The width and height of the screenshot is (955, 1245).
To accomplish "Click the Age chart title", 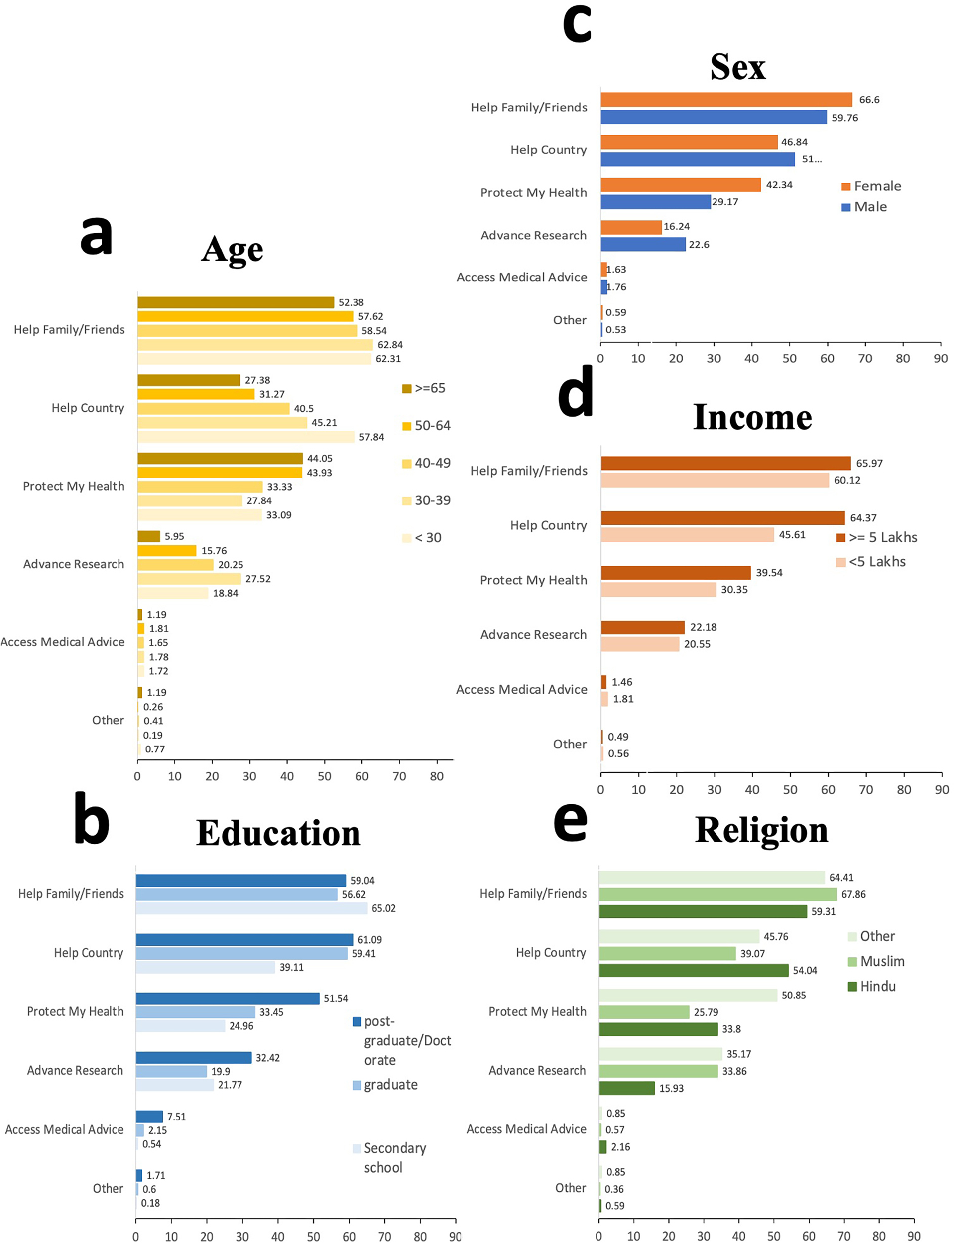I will tap(232, 249).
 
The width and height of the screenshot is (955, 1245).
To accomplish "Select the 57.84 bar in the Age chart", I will tap(245, 437).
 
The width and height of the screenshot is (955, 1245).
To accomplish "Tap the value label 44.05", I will tap(320, 458).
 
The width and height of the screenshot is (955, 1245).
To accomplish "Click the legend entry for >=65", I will tap(424, 388).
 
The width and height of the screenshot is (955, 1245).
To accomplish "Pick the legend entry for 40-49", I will tap(426, 463).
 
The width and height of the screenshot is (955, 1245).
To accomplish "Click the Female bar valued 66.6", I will tap(726, 100).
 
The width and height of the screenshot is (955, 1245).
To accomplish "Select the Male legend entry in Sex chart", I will tap(864, 206).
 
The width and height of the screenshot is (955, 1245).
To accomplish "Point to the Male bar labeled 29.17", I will tap(655, 202).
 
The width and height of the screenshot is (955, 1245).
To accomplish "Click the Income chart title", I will tap(751, 418).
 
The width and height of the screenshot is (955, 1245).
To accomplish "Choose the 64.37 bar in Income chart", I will tap(722, 518).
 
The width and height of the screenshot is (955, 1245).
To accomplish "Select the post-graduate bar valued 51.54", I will tap(228, 998).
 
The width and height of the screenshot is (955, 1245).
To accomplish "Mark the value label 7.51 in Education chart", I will tap(176, 1117).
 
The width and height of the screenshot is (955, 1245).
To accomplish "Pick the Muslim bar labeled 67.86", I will tap(717, 894).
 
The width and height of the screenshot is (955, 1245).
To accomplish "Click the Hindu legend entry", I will tap(871, 987).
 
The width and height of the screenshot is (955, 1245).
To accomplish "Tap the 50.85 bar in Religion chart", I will tap(688, 995).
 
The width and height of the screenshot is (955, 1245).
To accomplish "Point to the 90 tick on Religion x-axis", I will tap(914, 1236).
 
